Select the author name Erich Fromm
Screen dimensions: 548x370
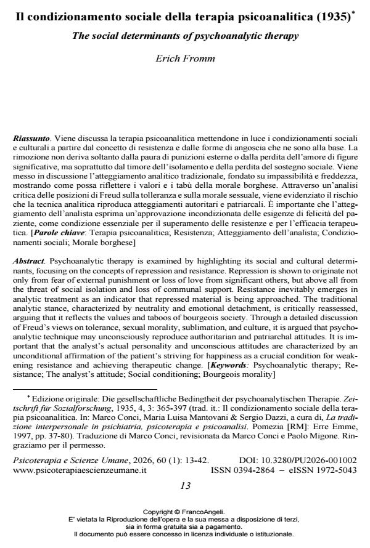tap(184, 58)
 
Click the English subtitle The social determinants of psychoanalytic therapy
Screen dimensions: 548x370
tap(184, 36)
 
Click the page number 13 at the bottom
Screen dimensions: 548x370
tap(184, 485)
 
